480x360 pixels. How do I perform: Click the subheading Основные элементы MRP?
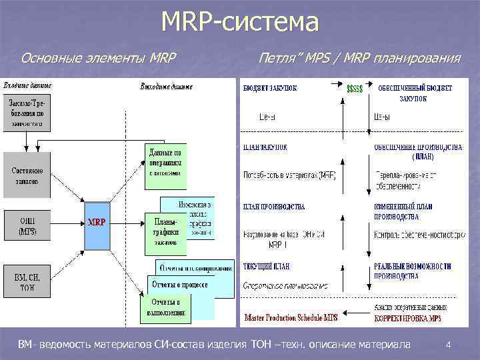pyautogui.click(x=98, y=59)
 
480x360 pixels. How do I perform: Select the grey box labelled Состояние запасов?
pyautogui.click(x=27, y=175)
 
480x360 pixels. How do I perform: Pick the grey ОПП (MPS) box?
pyautogui.click(x=27, y=225)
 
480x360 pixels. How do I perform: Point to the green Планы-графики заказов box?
pyautogui.click(x=165, y=232)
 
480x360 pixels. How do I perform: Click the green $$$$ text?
pyautogui.click(x=355, y=87)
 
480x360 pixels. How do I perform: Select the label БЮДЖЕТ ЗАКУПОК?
pyautogui.click(x=270, y=87)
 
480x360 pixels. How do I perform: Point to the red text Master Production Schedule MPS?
pyautogui.click(x=291, y=317)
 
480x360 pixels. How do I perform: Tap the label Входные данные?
pyautogui.click(x=29, y=85)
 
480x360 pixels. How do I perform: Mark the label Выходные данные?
pyautogui.click(x=167, y=87)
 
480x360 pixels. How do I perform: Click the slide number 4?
pyautogui.click(x=449, y=345)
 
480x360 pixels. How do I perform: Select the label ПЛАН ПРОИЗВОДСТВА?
pyautogui.click(x=274, y=207)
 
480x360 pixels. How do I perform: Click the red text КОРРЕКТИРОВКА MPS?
pyautogui.click(x=407, y=318)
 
